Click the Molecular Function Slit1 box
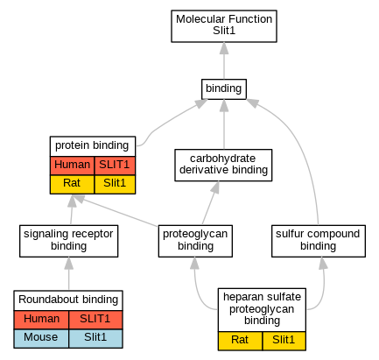click(224, 26)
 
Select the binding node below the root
click(224, 89)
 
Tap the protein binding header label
click(93, 145)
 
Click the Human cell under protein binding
click(72, 166)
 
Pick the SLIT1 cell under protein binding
click(115, 166)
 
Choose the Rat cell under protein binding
click(72, 184)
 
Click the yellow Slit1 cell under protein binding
click(115, 184)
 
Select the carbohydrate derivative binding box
click(223, 165)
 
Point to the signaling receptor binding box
click(68, 241)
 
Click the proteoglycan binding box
click(195, 241)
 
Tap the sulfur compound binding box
click(319, 241)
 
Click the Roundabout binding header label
click(68, 300)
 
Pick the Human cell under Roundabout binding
click(41, 320)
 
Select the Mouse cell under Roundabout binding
click(41, 338)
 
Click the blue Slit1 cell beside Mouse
click(95, 338)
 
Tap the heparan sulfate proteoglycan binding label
click(262, 309)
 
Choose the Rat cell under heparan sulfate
click(240, 341)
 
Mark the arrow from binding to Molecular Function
click(224, 60)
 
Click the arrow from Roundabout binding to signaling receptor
click(69, 273)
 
